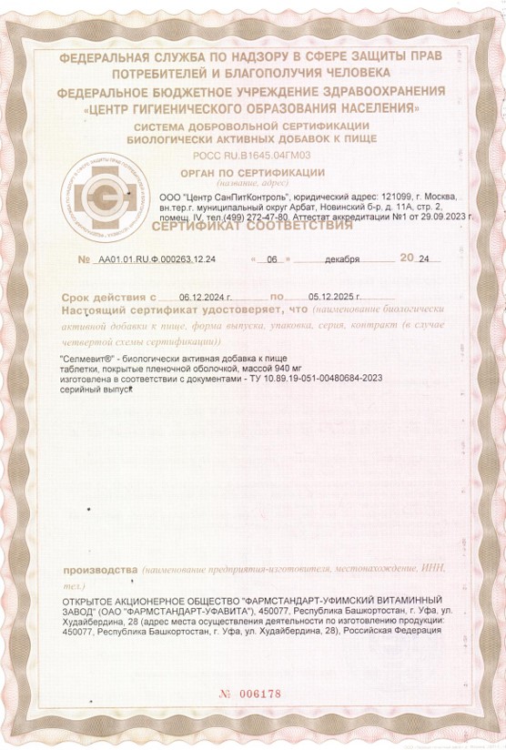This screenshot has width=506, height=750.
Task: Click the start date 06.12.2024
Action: [x=206, y=297]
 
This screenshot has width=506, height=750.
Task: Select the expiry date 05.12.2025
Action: [x=336, y=297]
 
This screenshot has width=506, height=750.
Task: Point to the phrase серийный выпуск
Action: [x=96, y=389]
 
